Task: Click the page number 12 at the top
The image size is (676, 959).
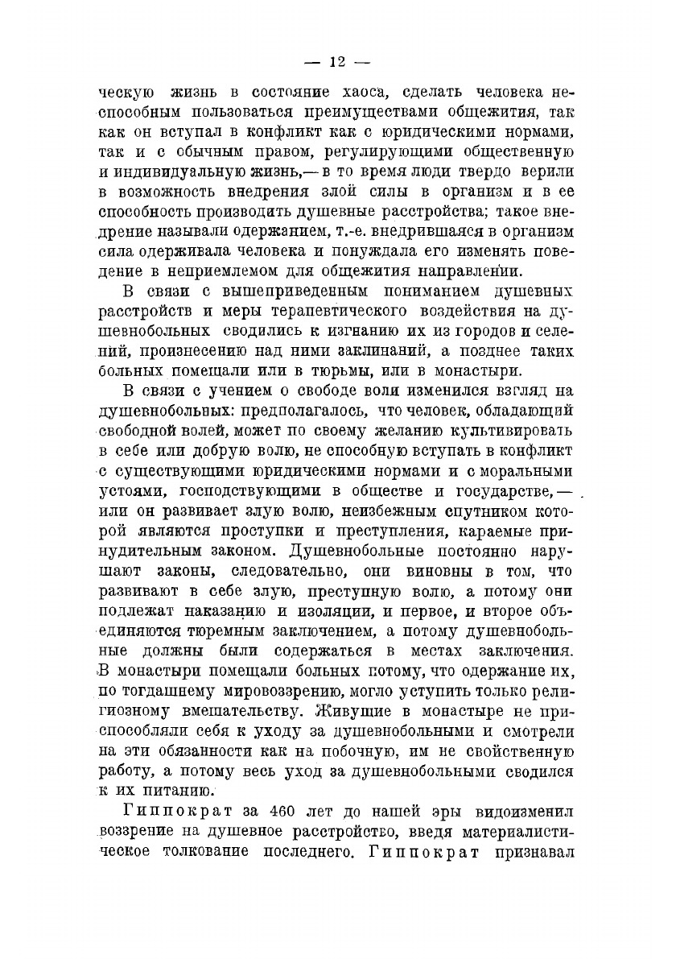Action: click(x=336, y=62)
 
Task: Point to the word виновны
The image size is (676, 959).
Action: click(x=439, y=572)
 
